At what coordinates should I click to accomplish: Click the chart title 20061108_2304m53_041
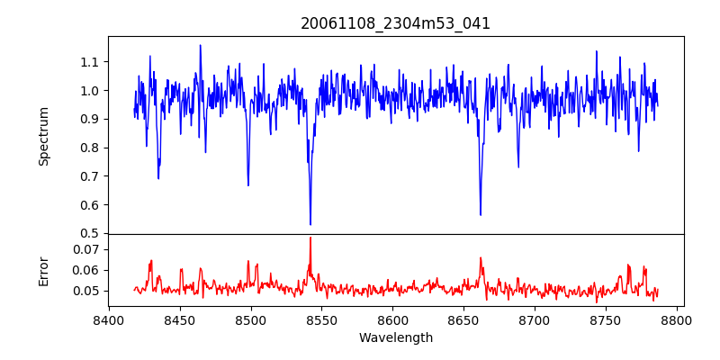(x=395, y=24)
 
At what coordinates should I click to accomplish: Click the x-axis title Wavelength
(x=395, y=338)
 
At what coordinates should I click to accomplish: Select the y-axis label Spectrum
(x=43, y=136)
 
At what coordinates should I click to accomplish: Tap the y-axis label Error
(x=43, y=270)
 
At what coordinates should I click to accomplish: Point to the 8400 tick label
(x=109, y=319)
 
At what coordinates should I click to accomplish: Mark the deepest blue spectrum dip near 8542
(x=310, y=224)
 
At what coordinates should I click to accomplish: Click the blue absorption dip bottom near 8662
(x=480, y=215)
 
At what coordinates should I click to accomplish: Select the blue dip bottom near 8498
(x=248, y=185)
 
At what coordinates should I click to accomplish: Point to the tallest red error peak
(x=310, y=238)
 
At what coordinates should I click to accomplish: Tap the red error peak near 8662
(x=481, y=258)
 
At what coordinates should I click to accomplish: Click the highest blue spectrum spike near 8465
(x=200, y=45)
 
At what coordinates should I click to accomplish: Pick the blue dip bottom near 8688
(x=517, y=166)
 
